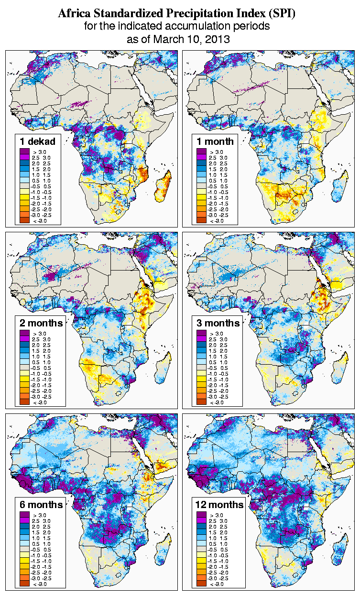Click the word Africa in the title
click(74, 14)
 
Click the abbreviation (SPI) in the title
click(281, 14)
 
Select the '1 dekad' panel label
click(38, 141)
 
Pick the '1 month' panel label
click(215, 141)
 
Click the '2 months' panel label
click(42, 323)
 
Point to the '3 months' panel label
click(218, 323)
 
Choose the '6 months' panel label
click(42, 504)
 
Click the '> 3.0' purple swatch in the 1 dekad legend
click(24, 152)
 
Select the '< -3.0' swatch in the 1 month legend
click(201, 220)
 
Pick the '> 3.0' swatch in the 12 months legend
click(201, 515)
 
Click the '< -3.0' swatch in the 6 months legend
click(24, 584)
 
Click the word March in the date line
click(168, 39)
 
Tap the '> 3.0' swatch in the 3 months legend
click(201, 333)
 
